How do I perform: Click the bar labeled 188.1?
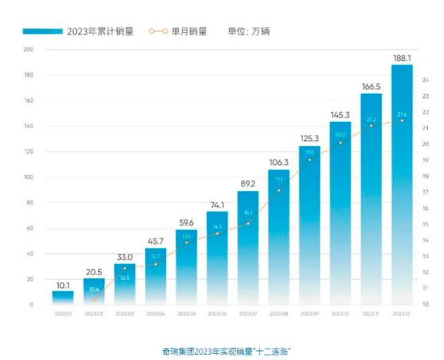(402, 187)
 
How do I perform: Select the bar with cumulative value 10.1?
(63, 298)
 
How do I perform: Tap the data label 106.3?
(278, 162)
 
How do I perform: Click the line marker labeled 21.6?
(402, 120)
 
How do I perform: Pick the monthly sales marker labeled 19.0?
(310, 160)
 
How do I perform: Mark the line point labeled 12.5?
(124, 268)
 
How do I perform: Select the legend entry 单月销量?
(178, 31)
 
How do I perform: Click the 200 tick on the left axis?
(28, 50)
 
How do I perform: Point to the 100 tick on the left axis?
(28, 178)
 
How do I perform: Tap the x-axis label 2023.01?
(63, 313)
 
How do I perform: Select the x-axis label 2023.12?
(402, 313)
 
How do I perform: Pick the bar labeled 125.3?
(310, 227)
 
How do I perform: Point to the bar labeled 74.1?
(217, 260)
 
